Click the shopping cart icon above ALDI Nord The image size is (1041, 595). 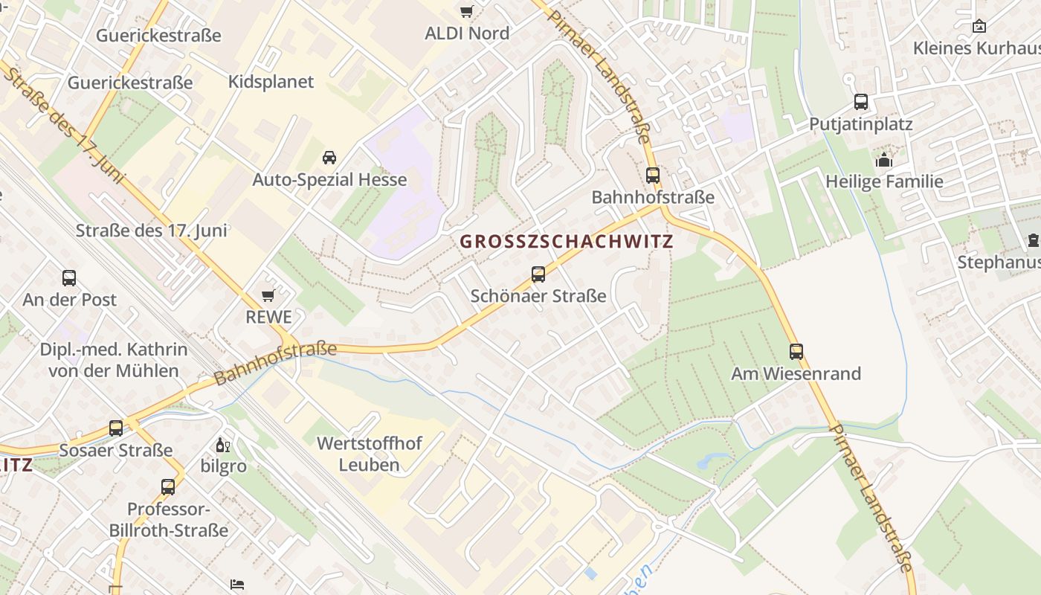tap(466, 11)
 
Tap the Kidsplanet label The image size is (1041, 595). tap(271, 82)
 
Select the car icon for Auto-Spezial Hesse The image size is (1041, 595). tap(329, 157)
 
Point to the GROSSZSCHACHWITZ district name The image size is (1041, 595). tap(567, 242)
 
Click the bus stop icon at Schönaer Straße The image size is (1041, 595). tap(538, 274)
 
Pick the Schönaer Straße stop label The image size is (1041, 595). tap(538, 296)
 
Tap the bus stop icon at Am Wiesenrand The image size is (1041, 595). tap(796, 352)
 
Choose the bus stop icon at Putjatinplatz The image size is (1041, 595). tap(861, 102)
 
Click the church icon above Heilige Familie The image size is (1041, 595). tap(883, 160)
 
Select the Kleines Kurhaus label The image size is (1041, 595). tap(976, 48)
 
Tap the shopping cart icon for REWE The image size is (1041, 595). tap(268, 296)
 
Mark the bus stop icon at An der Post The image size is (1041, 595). tap(69, 278)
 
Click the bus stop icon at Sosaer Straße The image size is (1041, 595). tap(116, 428)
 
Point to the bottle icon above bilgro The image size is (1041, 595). tap(222, 446)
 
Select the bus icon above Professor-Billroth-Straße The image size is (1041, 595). tap(168, 487)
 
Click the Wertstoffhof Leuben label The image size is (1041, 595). tap(370, 454)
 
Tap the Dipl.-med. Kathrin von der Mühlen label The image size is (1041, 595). tap(114, 360)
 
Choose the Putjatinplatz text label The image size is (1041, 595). tap(860, 124)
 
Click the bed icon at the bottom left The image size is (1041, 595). tap(237, 584)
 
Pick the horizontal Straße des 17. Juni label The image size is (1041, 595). tap(152, 231)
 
